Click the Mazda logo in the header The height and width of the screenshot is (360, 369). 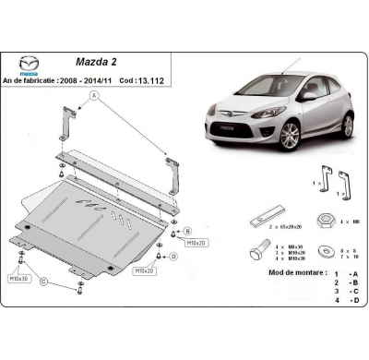point(30,64)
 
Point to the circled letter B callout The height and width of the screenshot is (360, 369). point(187,231)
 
